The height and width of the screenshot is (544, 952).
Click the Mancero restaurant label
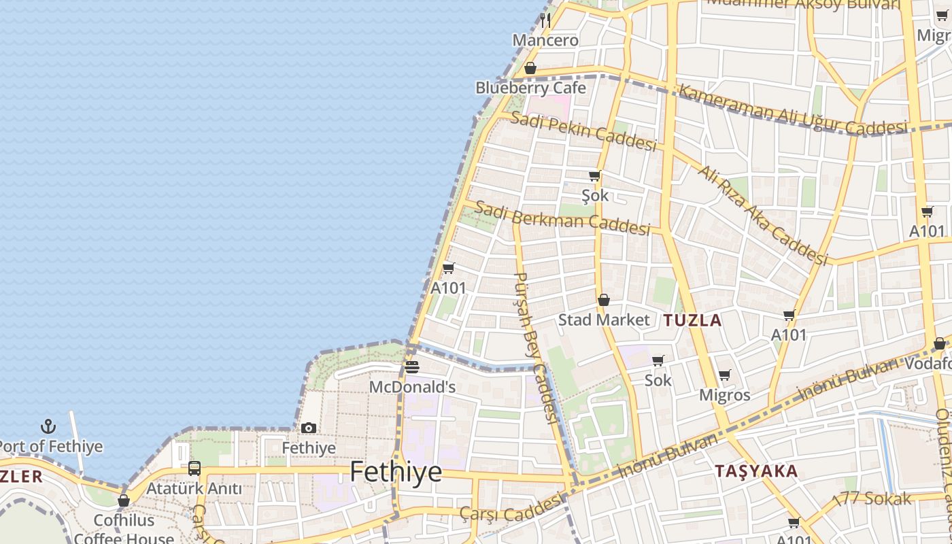(545, 40)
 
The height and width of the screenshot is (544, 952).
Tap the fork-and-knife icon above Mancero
(545, 20)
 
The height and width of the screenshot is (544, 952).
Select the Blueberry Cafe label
(530, 88)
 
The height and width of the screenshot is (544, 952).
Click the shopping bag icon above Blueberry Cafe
(530, 68)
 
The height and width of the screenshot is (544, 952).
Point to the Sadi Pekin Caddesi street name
(583, 131)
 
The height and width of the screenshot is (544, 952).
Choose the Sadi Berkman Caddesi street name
(562, 218)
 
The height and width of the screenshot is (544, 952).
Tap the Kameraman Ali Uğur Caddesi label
(793, 109)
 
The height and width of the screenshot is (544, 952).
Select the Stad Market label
(604, 320)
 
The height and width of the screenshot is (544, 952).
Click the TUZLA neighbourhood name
(692, 320)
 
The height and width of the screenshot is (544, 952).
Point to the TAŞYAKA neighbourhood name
(756, 471)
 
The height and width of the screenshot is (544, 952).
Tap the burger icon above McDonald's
(412, 367)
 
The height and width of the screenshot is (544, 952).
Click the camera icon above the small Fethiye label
(309, 428)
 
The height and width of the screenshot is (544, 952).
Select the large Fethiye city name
(396, 472)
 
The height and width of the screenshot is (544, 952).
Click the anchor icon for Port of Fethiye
(48, 427)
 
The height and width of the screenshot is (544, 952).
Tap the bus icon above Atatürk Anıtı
(194, 468)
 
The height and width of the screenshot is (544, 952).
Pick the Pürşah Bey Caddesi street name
(537, 347)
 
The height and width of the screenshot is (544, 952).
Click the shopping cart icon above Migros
(725, 375)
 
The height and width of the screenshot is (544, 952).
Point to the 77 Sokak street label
(877, 498)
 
